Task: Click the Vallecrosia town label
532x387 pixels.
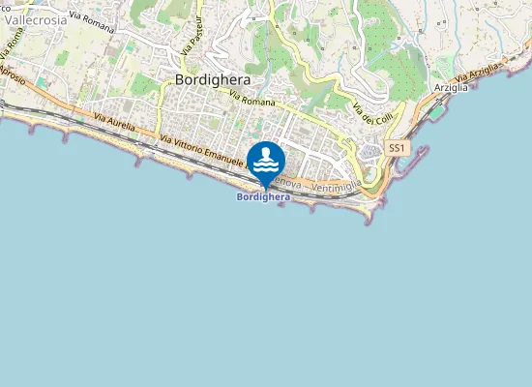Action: click(36, 18)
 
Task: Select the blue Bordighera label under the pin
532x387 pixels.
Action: click(263, 197)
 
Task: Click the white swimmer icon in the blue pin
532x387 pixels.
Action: click(266, 161)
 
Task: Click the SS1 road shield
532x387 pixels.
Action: click(396, 148)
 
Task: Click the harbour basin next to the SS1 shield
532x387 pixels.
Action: click(401, 167)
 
